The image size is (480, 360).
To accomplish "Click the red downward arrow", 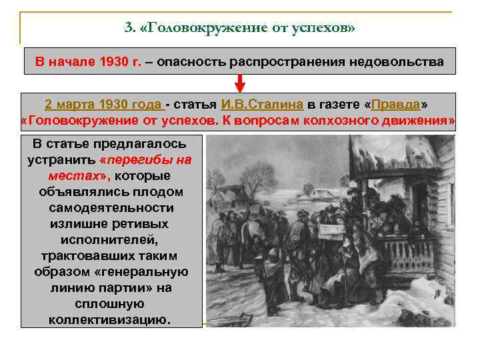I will pyautogui.click(x=240, y=83).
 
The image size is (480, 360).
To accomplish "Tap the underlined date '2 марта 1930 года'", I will pyautogui.click(x=103, y=105).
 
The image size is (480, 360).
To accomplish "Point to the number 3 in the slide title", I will pyautogui.click(x=128, y=28).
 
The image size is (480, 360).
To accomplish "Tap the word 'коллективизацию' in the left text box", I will pyautogui.click(x=110, y=319).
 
